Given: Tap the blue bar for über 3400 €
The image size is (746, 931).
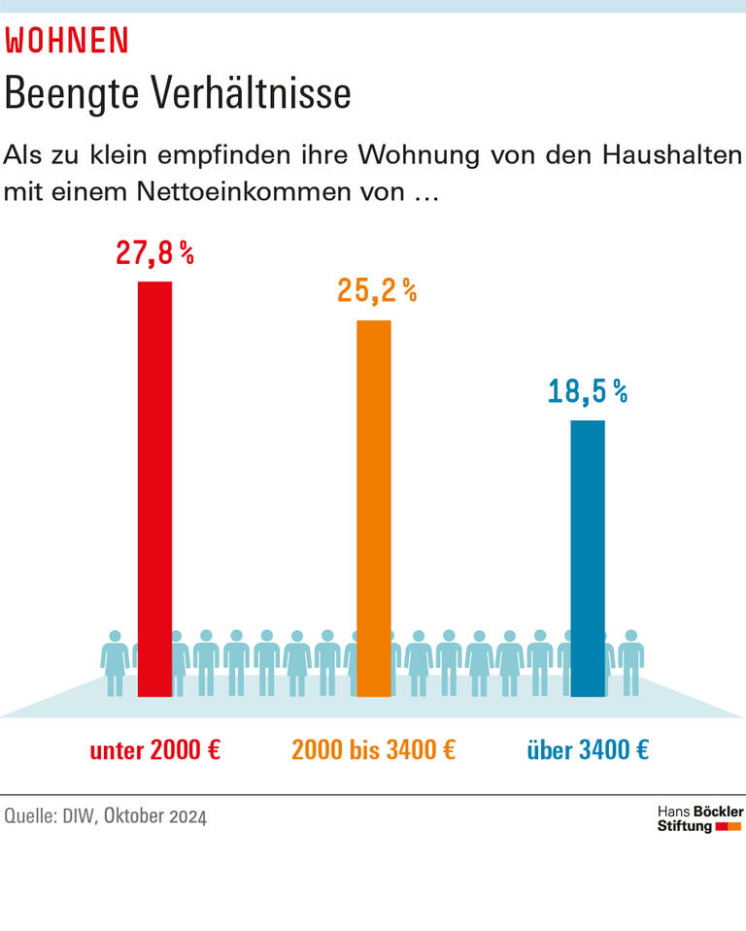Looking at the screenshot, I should pos(587,558).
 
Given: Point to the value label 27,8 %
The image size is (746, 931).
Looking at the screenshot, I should pos(154,253).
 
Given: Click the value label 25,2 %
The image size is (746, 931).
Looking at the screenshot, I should pos(376,290).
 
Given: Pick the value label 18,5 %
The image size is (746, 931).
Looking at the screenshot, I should pos(587,391).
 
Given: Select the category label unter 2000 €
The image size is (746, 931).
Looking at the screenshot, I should pos(155,750).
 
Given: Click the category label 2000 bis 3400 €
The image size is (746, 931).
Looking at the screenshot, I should pos(374,750).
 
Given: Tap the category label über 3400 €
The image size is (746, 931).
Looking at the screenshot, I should pos(588,750).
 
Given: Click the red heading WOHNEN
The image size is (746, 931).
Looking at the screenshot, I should pos(67,41).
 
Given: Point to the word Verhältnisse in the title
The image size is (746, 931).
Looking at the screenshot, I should pos(252,94).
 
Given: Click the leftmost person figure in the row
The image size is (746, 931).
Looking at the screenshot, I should pos(115,663).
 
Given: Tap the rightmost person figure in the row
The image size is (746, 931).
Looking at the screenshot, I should pos(631,663).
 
